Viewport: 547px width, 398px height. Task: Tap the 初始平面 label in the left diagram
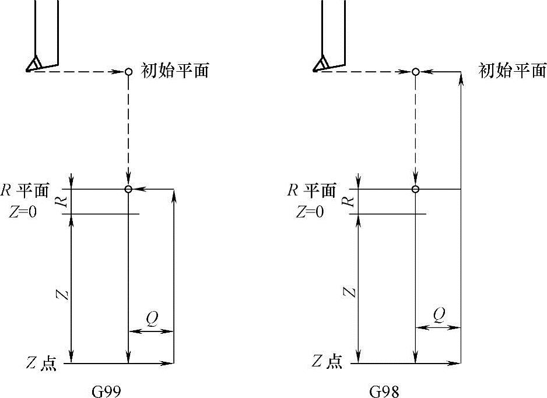pos(175,71)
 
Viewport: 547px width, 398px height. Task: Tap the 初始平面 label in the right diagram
pos(512,71)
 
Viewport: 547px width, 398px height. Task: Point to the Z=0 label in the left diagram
pos(23,212)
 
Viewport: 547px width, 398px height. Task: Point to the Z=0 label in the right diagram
pos(310,212)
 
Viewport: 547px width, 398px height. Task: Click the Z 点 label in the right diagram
pos(326,362)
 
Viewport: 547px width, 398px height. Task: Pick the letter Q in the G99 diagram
pos(152,317)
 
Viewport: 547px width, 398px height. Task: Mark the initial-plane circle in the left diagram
pos(128,72)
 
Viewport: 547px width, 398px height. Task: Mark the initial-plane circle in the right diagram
pos(415,72)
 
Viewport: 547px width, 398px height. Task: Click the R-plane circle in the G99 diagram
pos(128,189)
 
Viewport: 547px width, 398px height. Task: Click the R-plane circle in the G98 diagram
pos(415,189)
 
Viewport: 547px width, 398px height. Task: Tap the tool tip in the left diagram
pos(27,70)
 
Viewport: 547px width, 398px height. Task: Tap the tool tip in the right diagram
pos(315,70)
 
